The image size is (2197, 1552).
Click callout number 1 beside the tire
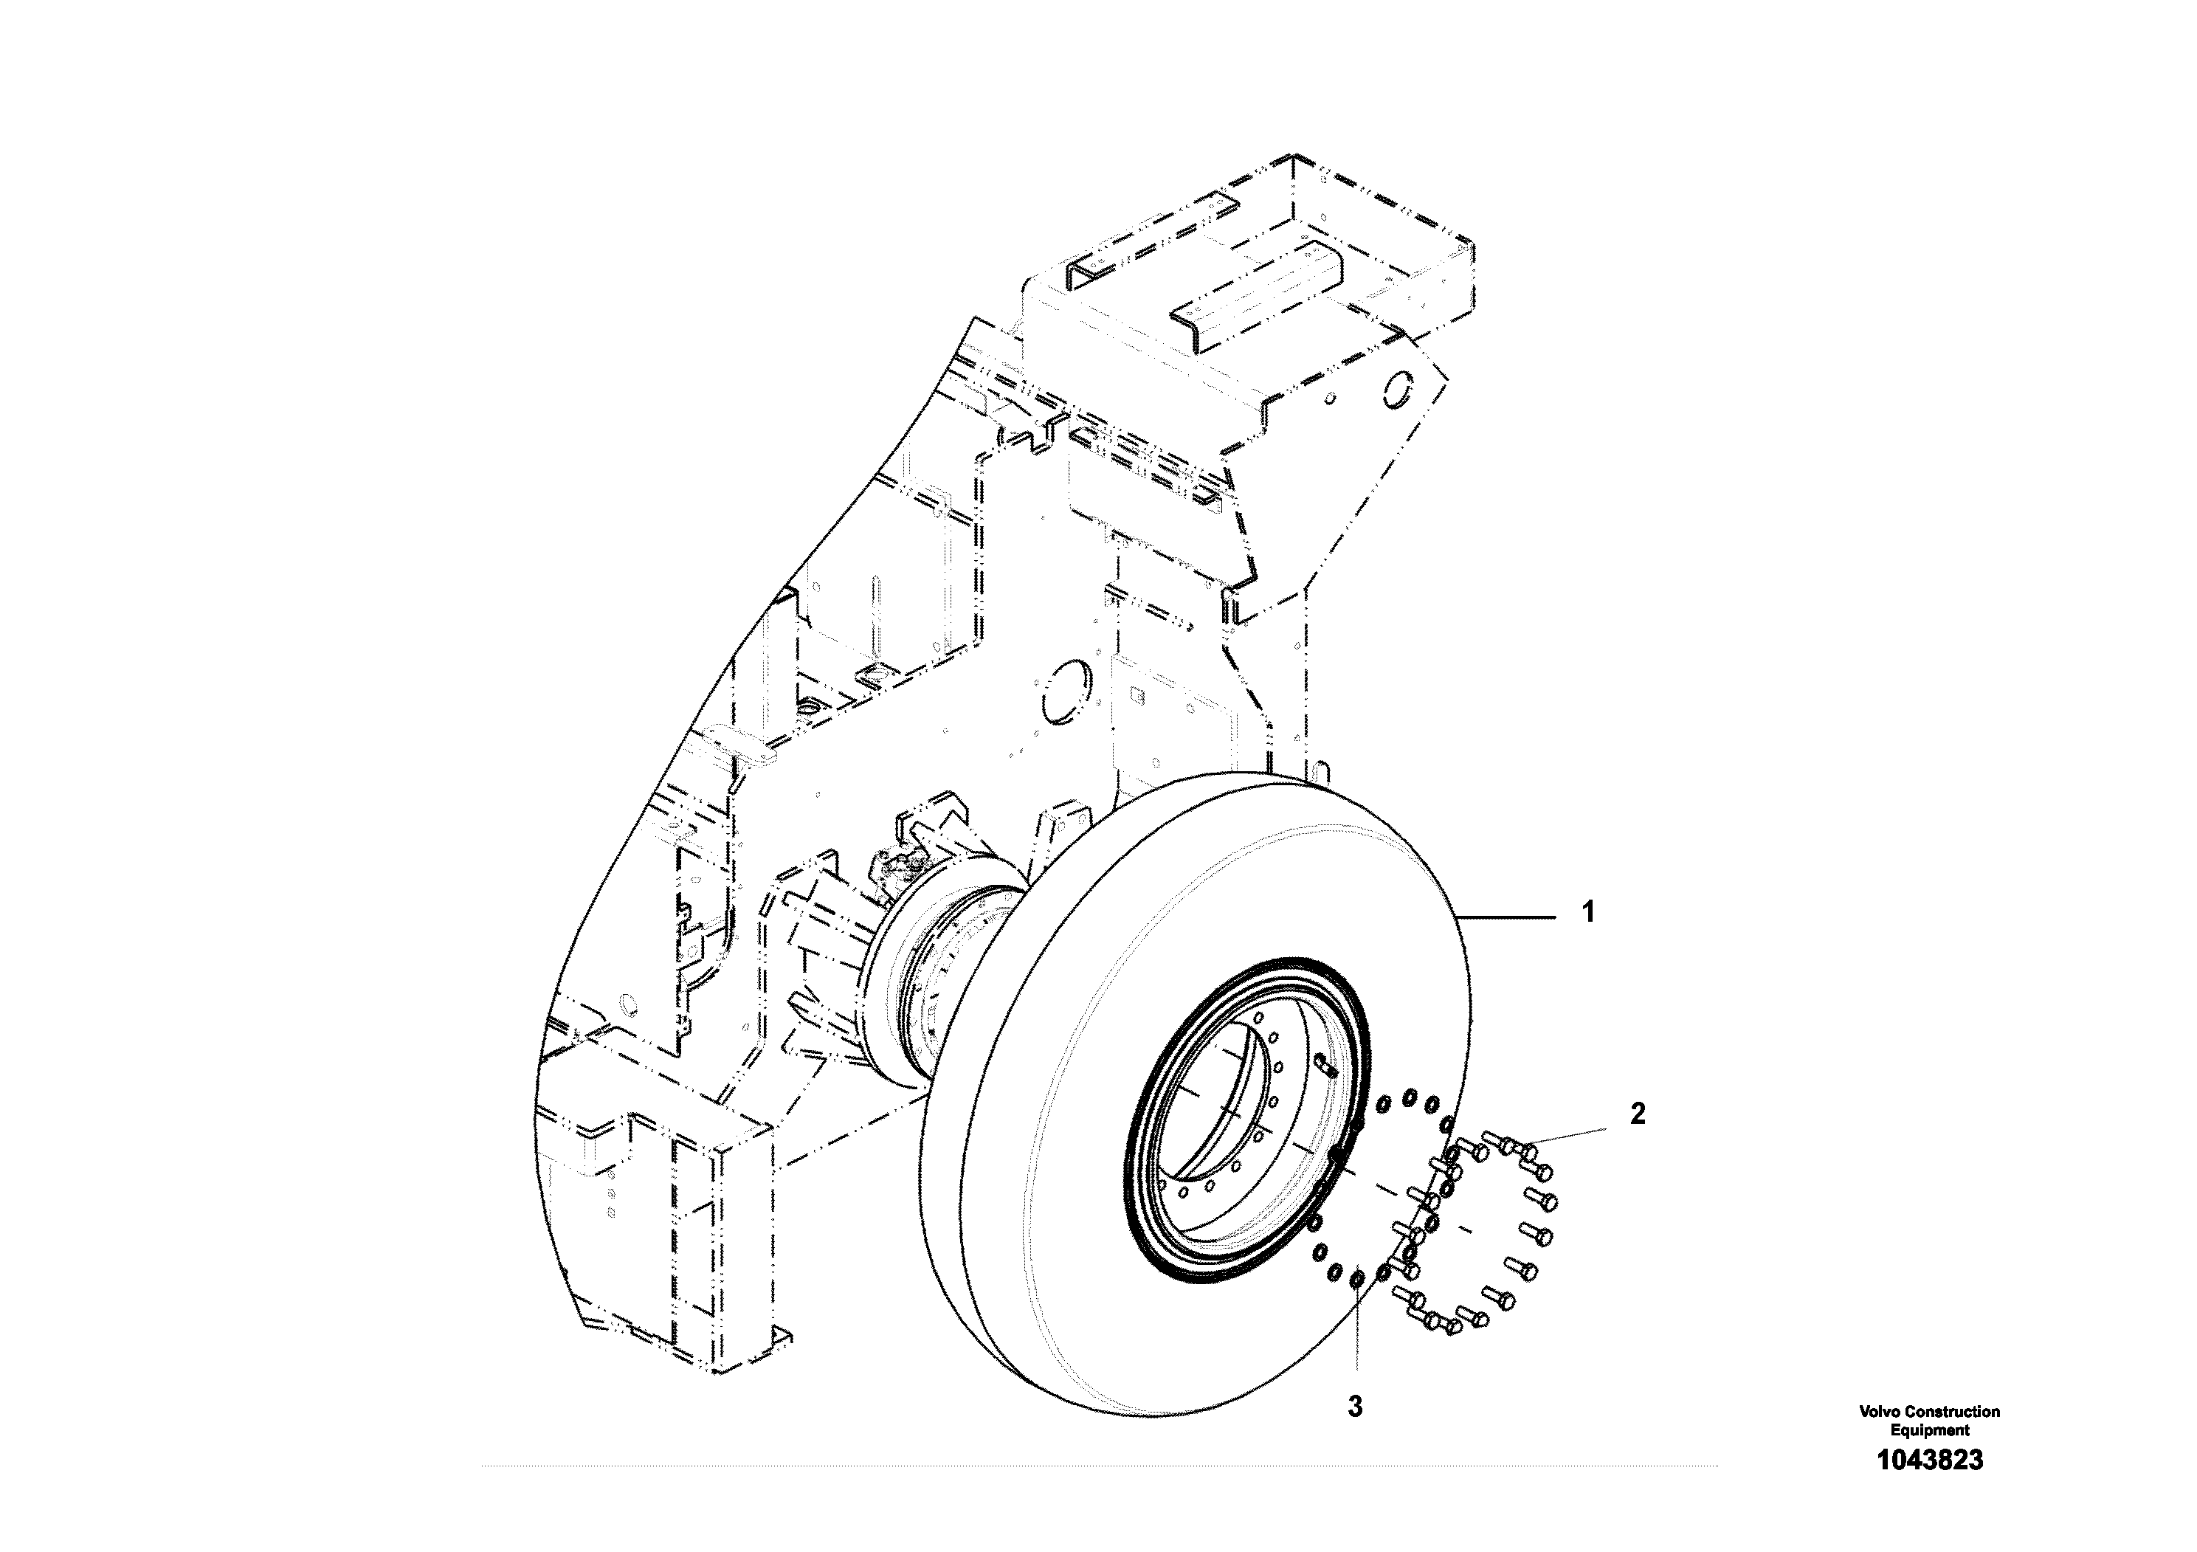(x=1588, y=913)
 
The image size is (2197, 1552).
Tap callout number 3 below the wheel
(x=1355, y=1407)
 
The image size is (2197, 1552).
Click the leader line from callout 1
(x=1507, y=917)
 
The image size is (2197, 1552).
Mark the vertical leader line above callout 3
(x=1356, y=1330)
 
